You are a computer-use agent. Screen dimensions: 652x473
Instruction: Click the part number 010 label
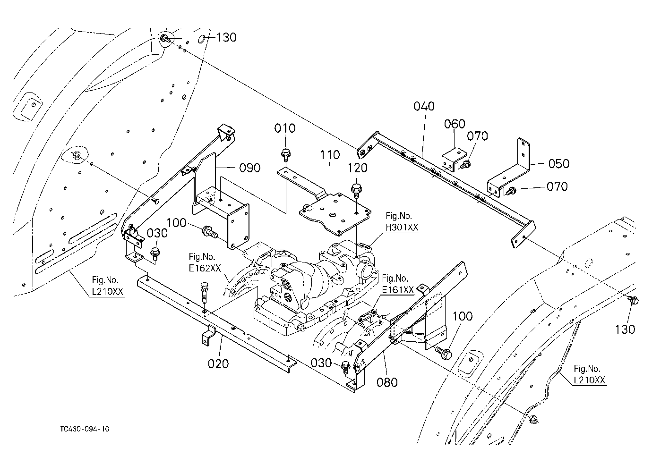(285, 128)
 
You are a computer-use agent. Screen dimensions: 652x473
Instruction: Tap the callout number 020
(218, 364)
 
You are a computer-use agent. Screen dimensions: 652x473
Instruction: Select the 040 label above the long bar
(424, 106)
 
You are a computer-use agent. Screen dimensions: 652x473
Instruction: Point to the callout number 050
(559, 164)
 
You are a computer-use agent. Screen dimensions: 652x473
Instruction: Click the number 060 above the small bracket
(455, 124)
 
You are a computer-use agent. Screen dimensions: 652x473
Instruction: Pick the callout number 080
(387, 382)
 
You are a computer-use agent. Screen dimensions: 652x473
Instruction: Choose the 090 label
(250, 168)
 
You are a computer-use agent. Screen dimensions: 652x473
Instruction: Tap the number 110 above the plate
(330, 155)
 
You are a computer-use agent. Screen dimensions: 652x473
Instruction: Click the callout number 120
(358, 168)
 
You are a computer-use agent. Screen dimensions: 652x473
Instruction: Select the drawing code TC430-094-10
(85, 429)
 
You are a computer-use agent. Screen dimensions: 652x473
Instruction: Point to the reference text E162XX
(205, 268)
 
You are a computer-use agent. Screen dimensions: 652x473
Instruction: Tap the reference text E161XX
(398, 290)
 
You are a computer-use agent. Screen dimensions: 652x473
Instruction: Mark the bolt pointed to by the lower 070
(511, 191)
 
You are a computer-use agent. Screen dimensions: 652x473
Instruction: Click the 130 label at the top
(226, 37)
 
